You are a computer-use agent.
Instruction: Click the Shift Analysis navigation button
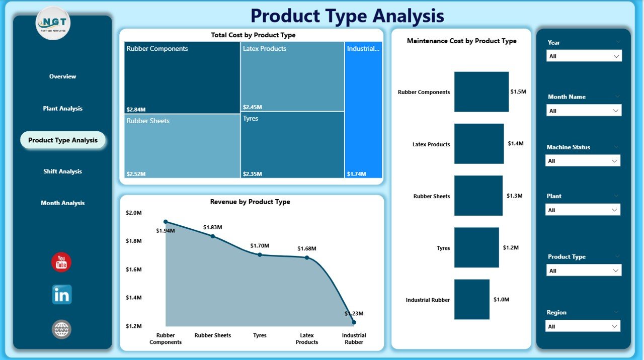(62, 171)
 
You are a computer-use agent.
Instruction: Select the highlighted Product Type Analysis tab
(63, 140)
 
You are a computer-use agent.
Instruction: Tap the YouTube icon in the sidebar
(61, 262)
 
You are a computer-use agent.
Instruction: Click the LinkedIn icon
(62, 295)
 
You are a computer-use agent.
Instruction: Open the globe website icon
(62, 329)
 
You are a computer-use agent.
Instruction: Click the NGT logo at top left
(53, 23)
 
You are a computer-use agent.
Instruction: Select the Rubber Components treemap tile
(182, 78)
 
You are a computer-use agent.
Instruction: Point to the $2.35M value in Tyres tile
(252, 174)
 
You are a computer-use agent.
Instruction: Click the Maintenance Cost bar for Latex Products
(478, 144)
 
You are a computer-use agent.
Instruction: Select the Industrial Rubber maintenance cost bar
(471, 300)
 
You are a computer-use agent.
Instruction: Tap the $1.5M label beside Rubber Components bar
(518, 92)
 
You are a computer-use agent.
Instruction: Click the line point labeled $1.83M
(213, 236)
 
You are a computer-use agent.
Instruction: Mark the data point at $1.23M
(354, 322)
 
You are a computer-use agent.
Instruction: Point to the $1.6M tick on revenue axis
(134, 269)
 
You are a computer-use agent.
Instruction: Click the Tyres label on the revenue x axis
(260, 335)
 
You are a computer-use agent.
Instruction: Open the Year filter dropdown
(584, 56)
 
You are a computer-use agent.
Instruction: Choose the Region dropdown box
(583, 326)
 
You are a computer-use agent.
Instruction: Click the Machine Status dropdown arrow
(614, 161)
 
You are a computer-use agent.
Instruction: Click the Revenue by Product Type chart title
(250, 202)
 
